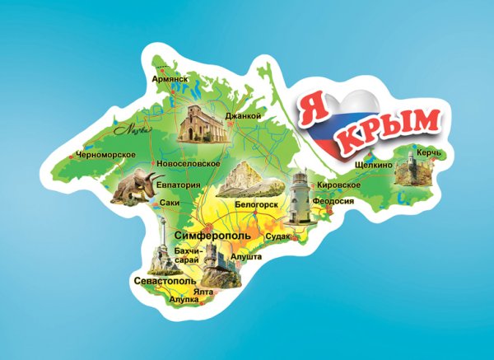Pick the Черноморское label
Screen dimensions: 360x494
pos(104,154)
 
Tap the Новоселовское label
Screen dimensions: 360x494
pos(188,164)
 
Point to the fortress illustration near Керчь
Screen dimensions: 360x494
pos(408,172)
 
